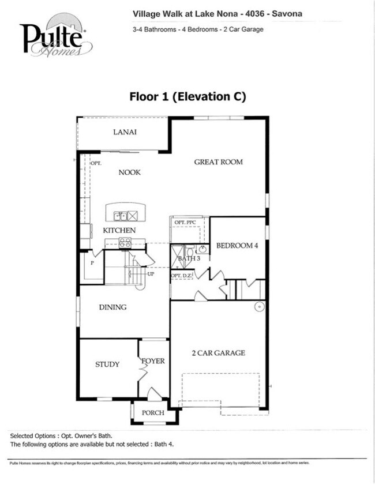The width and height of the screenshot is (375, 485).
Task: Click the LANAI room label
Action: (125, 133)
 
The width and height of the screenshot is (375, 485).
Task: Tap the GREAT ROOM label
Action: (218, 162)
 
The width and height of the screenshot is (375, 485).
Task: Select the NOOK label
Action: (130, 172)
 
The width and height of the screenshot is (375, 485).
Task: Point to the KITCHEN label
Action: (119, 231)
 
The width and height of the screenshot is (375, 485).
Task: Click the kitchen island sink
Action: (121, 216)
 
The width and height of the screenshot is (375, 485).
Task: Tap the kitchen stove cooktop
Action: (125, 243)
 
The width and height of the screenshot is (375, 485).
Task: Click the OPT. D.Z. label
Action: (180, 276)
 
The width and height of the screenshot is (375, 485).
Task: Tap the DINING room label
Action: (112, 307)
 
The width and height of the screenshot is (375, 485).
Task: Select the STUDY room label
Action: (107, 364)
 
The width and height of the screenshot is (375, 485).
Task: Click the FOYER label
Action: (153, 362)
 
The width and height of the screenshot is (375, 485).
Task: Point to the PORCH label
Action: (153, 413)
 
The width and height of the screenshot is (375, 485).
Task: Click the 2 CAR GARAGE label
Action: (218, 353)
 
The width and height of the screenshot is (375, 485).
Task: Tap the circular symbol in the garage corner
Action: (259, 306)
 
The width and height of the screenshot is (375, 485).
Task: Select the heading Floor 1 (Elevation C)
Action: (187, 96)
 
